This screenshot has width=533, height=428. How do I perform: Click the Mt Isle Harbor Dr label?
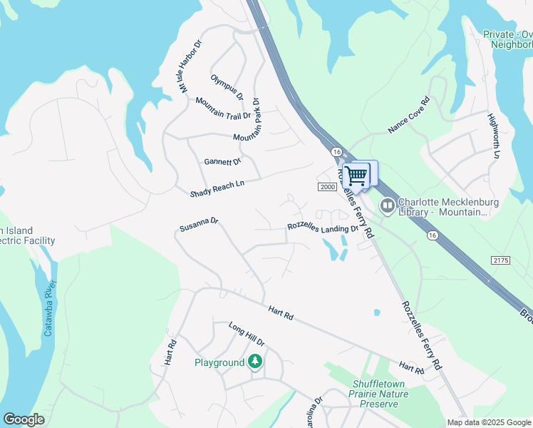pos(191,66)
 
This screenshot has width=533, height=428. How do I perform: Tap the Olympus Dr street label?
pos(227,86)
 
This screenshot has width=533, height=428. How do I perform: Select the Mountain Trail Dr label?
pos(223,108)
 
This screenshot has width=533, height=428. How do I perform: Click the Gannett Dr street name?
pos(223,162)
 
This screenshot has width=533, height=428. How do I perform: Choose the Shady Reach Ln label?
pos(217,189)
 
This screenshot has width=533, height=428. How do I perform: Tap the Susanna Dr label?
pos(199,226)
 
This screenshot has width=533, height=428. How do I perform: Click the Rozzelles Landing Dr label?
pos(323,228)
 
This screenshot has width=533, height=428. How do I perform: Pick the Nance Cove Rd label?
pos(410,116)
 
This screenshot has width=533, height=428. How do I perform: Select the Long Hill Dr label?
pos(247,334)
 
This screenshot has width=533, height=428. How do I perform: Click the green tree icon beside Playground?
pos(254,362)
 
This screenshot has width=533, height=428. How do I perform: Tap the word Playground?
pos(219,362)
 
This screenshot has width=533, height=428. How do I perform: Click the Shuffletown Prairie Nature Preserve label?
pos(380,394)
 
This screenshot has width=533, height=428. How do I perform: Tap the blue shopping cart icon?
pos(356,175)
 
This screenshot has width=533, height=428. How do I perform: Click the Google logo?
pos(24,419)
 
